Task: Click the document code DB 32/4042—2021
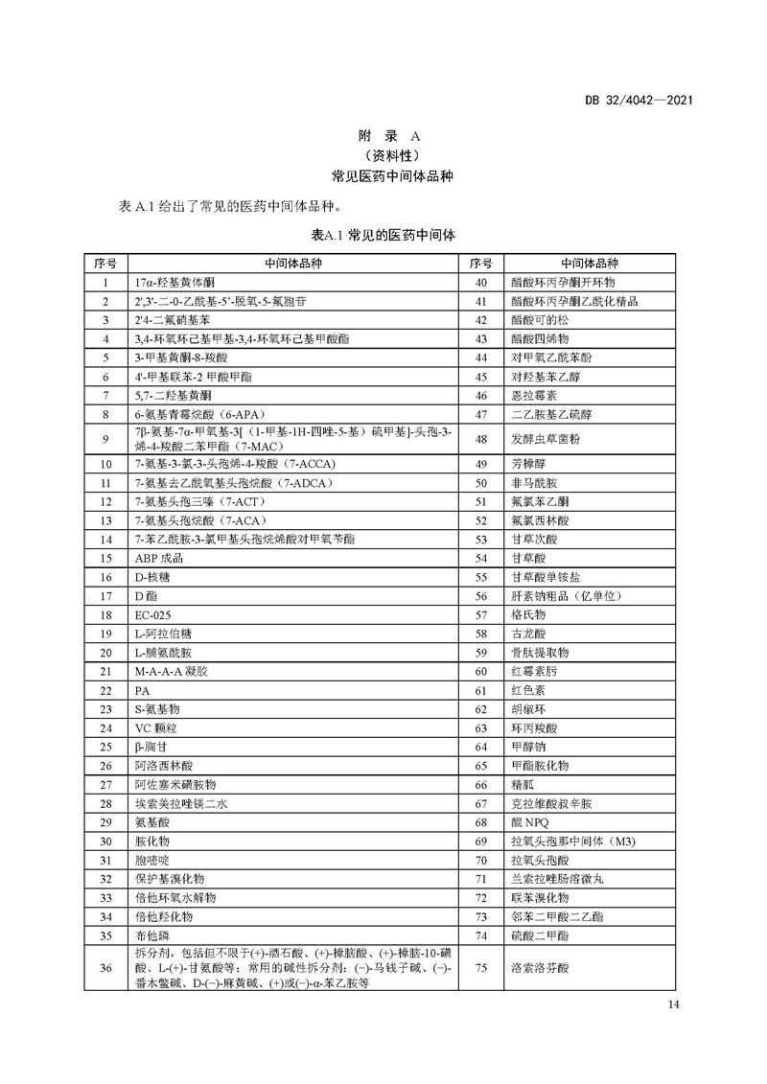click(639, 99)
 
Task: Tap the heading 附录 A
click(383, 136)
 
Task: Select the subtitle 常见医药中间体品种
click(383, 176)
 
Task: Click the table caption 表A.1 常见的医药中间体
click(383, 235)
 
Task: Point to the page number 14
click(671, 1003)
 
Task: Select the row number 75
click(481, 968)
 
